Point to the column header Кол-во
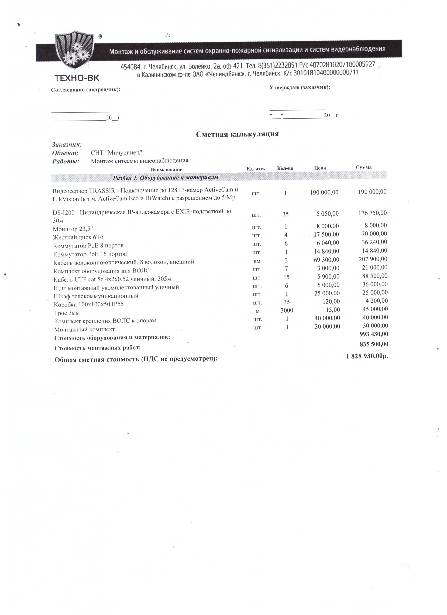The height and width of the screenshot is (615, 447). [285, 168]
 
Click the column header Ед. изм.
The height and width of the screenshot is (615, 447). [256, 169]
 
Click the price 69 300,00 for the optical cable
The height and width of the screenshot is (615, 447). [326, 260]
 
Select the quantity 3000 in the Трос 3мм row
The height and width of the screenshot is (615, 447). [287, 310]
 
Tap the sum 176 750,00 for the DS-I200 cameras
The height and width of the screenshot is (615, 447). [372, 213]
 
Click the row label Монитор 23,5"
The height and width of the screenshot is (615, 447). [73, 229]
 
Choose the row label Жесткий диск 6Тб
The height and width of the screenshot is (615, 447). [78, 237]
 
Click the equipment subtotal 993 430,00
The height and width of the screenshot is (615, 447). [374, 334]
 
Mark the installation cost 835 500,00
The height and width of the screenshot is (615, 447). [374, 344]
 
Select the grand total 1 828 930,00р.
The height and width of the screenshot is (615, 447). [367, 356]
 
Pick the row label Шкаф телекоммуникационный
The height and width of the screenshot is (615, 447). [96, 296]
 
